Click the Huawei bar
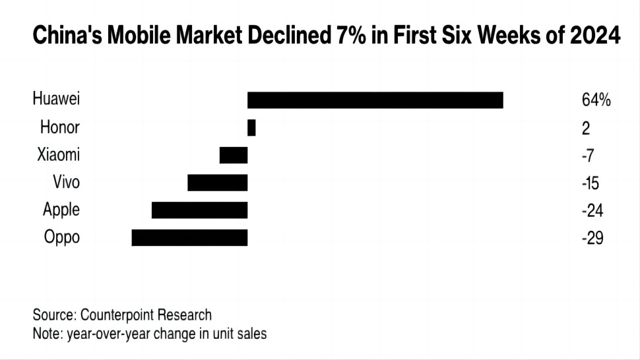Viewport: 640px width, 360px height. (x=375, y=100)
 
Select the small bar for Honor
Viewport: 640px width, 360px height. (x=251, y=128)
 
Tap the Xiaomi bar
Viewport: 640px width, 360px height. (x=234, y=156)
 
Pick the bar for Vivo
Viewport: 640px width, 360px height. (x=218, y=183)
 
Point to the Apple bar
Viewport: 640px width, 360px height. (x=199, y=210)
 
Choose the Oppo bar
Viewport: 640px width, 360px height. (x=189, y=237)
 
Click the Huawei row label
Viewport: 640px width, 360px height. (x=56, y=100)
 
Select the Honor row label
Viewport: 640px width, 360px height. (x=59, y=127)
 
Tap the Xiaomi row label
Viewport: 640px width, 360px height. (x=59, y=155)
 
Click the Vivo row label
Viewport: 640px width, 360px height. (x=66, y=182)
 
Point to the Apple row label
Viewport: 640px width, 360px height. (x=61, y=210)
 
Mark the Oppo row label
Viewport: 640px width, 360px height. (x=61, y=237)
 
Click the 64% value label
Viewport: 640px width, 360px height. (x=596, y=100)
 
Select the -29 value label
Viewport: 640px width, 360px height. (x=592, y=238)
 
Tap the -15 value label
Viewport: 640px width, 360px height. (x=591, y=183)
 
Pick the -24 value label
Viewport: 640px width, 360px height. (x=592, y=211)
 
